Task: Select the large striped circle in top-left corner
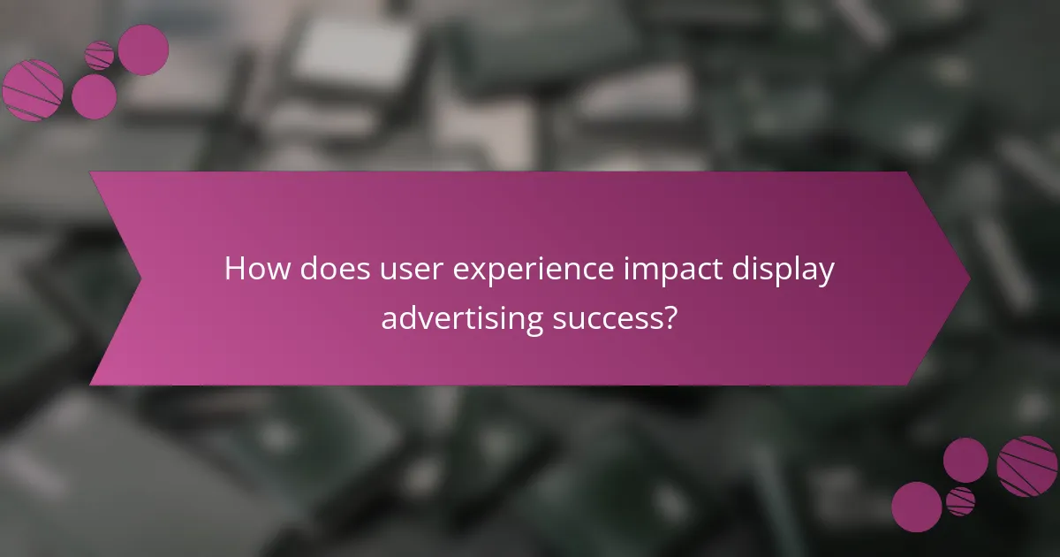pyautogui.click(x=33, y=89)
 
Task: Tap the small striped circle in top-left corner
pyautogui.click(x=100, y=55)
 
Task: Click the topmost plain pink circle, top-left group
pyautogui.click(x=143, y=50)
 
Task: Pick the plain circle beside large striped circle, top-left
pyautogui.click(x=94, y=96)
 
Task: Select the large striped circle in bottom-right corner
pyautogui.click(x=1026, y=466)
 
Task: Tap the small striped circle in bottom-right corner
pyautogui.click(x=960, y=500)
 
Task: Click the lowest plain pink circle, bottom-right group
pyautogui.click(x=916, y=507)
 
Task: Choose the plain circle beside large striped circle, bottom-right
pyautogui.click(x=965, y=460)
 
